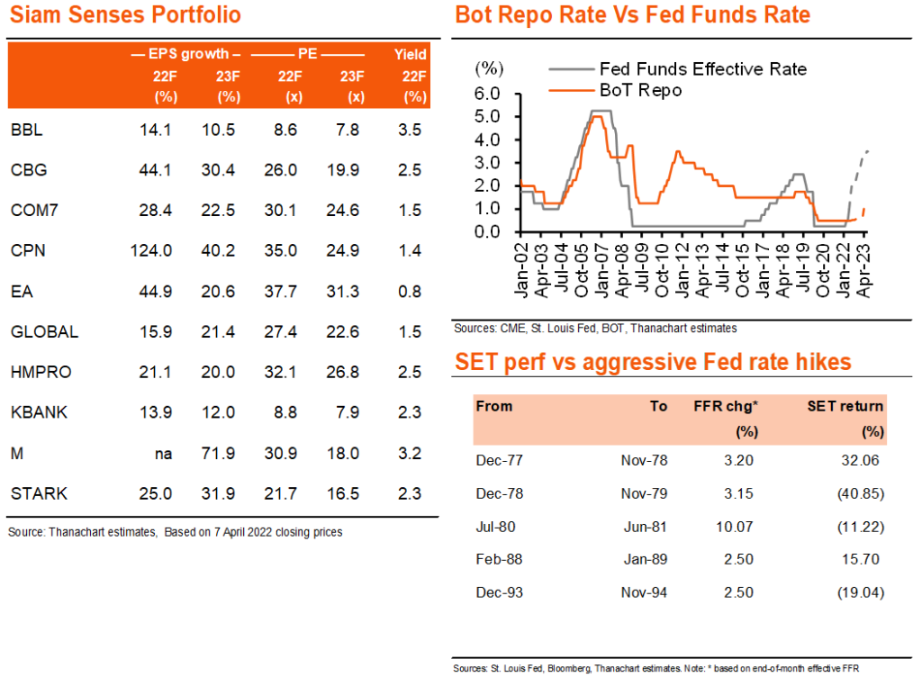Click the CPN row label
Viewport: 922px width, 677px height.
[28, 250]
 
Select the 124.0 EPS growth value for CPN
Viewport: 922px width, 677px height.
[151, 250]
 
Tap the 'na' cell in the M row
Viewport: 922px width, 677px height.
[163, 454]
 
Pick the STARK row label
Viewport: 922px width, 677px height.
[39, 493]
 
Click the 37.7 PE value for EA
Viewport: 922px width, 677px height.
[281, 292]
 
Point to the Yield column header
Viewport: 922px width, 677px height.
[410, 55]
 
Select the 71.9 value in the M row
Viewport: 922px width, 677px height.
[218, 454]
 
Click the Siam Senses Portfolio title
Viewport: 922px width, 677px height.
[125, 14]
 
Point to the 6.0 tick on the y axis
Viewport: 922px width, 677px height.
[487, 94]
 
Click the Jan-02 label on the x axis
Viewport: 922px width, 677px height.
[521, 270]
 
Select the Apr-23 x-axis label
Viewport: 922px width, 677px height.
[863, 270]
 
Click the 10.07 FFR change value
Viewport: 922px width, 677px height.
[735, 527]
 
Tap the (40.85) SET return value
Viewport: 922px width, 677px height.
[860, 493]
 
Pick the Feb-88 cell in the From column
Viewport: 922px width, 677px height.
[499, 559]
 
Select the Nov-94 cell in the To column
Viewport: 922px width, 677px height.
[644, 592]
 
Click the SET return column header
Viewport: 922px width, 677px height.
[845, 406]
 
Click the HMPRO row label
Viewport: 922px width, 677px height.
[41, 372]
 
